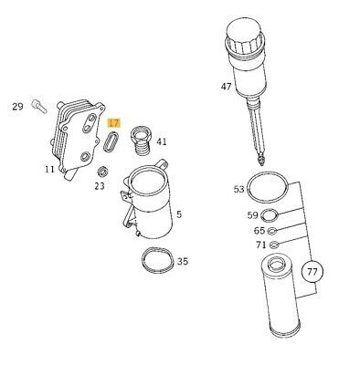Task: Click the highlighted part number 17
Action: tap(114, 123)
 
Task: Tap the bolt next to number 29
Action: tap(39, 106)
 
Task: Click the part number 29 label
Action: tap(17, 107)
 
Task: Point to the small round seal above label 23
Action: tap(102, 172)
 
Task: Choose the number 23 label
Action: tap(100, 186)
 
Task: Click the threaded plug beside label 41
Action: tap(142, 141)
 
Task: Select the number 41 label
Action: tap(162, 141)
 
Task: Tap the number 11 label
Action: tap(49, 169)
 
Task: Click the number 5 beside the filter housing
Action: tap(179, 214)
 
